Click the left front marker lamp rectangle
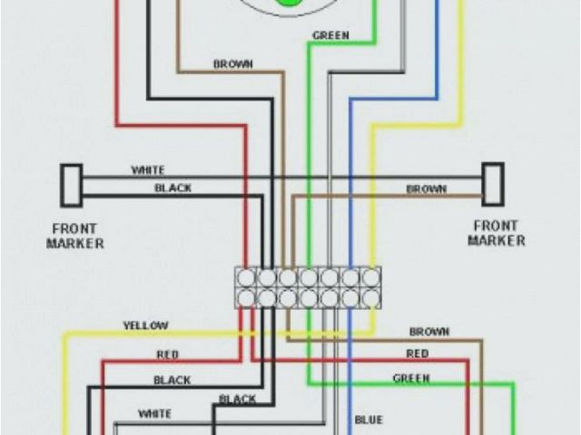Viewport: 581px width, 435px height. coord(71,184)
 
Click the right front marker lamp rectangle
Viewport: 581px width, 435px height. coord(492,184)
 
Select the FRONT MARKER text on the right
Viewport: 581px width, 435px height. coord(496,233)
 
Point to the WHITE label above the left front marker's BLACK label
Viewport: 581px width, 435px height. coord(148,169)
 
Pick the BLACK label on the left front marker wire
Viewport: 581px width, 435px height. coord(172,188)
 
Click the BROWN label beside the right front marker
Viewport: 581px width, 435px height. coord(426,188)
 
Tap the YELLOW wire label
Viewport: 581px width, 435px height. coord(144,325)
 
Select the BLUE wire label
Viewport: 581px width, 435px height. coord(369,420)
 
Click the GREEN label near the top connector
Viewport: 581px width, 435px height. coord(331,35)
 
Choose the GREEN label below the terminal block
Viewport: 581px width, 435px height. coord(411,377)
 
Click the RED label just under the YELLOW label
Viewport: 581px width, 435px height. coord(168,354)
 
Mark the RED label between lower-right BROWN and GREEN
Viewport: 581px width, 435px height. coord(418,353)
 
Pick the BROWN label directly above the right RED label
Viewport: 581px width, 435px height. coord(429,332)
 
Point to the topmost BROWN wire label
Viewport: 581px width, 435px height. coord(232,63)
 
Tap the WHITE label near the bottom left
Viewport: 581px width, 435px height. coord(153,414)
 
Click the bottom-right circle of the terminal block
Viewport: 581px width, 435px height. coord(370,296)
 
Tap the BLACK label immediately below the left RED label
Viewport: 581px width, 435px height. coord(172,380)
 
